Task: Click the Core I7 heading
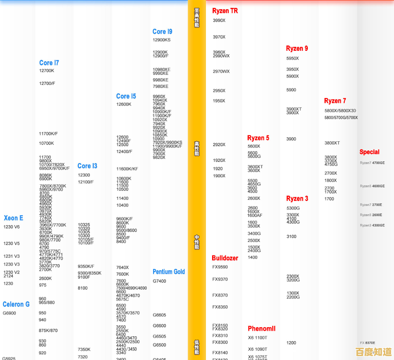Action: (x=49, y=63)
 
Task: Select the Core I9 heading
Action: (x=162, y=31)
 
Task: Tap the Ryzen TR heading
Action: (x=225, y=11)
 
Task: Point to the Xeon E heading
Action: (x=14, y=218)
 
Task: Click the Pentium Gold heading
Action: (x=169, y=272)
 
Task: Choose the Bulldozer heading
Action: (x=225, y=258)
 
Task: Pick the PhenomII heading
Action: (x=262, y=329)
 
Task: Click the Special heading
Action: (x=369, y=152)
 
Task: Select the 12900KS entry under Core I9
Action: (x=161, y=40)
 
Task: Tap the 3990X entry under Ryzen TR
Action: (x=219, y=21)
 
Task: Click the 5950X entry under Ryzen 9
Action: (x=293, y=58)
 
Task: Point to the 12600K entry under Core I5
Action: (x=124, y=104)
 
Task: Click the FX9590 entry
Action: (x=220, y=267)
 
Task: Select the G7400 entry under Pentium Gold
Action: (x=159, y=281)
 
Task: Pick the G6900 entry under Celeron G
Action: (x=9, y=313)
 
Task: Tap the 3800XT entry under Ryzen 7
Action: (x=332, y=143)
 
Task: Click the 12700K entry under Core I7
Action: (x=47, y=70)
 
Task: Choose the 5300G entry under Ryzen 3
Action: (x=293, y=208)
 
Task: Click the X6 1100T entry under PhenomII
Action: (x=258, y=338)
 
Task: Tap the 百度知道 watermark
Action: (x=373, y=352)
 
